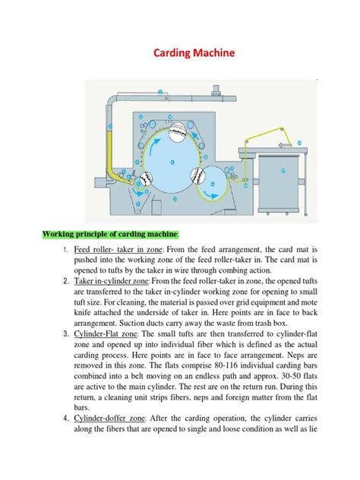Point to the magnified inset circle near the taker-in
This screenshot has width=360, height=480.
click(144, 178)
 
